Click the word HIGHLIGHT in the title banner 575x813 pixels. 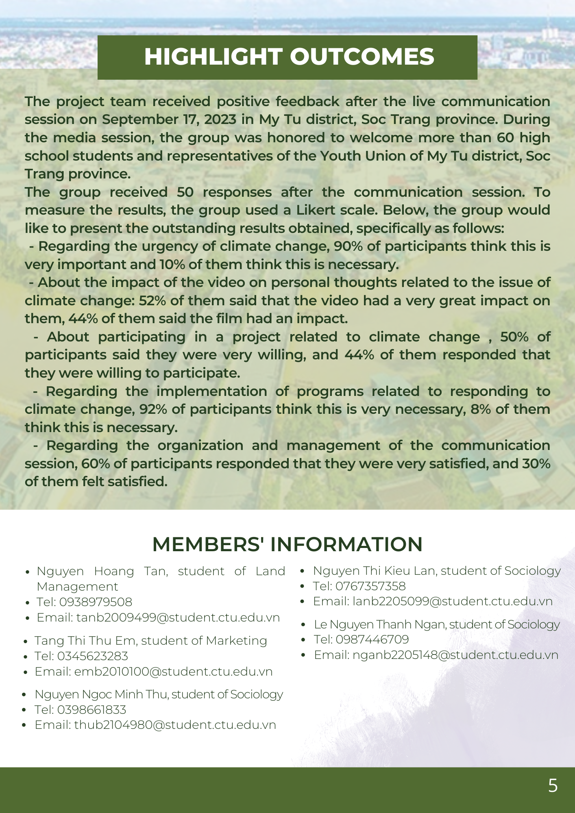point(213,57)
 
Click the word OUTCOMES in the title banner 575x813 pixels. point(362,57)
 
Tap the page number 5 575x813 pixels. point(553,785)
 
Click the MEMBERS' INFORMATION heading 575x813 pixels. point(287,544)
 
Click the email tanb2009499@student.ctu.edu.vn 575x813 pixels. point(178,617)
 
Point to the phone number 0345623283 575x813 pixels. point(92,656)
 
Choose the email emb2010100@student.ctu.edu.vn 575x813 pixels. point(173,672)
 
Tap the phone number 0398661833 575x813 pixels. point(91,710)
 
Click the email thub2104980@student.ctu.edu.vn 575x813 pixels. point(175,725)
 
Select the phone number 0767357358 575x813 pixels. point(370,586)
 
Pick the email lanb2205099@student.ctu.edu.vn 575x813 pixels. point(452,602)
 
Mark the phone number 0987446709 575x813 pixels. point(372,639)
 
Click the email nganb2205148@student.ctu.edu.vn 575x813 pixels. point(455,655)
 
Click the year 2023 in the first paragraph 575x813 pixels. point(220,120)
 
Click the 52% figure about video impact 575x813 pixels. point(152,301)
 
